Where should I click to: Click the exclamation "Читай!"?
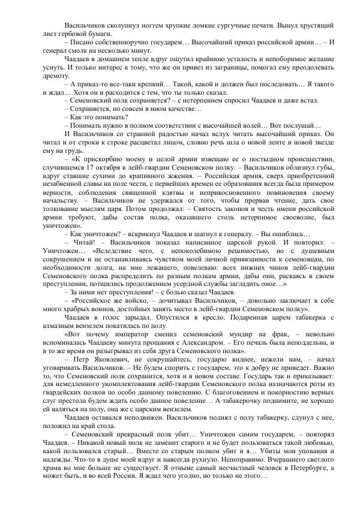tap(82, 245)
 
